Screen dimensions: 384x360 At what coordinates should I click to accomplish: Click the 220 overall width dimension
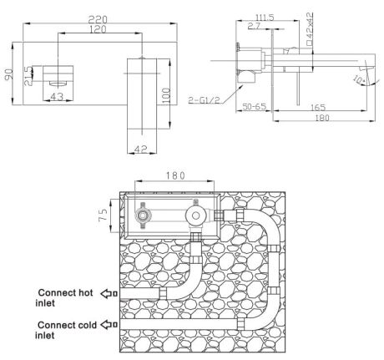point(98,19)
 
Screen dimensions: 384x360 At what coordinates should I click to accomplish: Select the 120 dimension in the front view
point(98,29)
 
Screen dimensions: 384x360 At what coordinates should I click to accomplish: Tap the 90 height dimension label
point(9,74)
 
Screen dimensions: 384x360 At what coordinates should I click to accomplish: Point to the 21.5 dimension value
point(28,76)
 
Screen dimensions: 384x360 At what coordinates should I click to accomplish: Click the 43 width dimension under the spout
point(57,97)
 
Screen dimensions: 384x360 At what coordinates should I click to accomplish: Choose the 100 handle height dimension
point(166,96)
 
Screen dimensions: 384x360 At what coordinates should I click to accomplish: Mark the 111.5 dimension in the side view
point(265,18)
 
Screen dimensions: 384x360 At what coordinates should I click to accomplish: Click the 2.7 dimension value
point(254,26)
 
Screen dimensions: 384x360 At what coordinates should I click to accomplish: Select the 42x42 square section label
point(309,28)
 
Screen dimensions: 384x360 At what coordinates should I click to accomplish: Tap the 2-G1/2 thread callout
point(204,99)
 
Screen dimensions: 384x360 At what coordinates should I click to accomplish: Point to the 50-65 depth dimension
point(255,106)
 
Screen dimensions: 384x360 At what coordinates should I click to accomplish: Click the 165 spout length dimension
point(318,107)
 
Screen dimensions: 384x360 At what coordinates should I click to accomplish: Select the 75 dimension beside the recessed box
point(103,215)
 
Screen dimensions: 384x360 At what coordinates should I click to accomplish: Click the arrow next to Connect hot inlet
point(109,294)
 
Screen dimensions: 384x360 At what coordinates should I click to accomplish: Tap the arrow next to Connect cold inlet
point(109,324)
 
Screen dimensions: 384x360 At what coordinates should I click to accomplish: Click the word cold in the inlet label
point(86,325)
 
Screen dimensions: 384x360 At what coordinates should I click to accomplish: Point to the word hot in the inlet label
point(85,292)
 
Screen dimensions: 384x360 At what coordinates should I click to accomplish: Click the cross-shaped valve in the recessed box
point(143,215)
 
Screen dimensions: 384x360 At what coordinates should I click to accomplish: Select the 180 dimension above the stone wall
point(175,175)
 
